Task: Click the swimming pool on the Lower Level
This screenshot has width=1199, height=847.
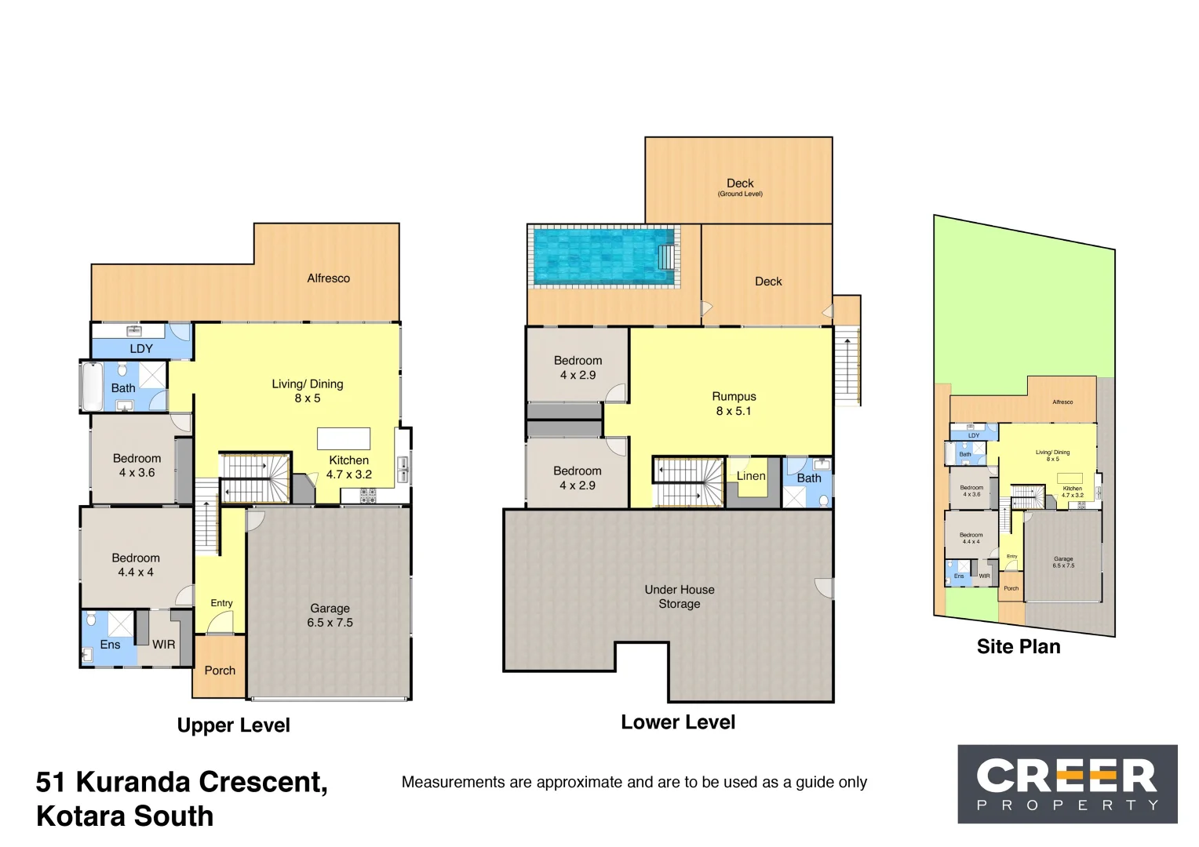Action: [x=603, y=256]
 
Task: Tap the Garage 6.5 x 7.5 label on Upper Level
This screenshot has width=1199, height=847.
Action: [x=330, y=616]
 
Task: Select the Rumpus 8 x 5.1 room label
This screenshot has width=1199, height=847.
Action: [x=734, y=404]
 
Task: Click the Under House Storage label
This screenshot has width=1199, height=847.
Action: [x=680, y=597]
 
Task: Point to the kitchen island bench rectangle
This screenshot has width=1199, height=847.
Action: [x=344, y=438]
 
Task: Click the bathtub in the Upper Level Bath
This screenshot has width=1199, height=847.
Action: [x=93, y=386]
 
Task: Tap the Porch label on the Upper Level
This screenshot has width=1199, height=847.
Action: [x=220, y=671]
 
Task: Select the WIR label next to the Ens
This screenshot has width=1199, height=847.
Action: [x=164, y=645]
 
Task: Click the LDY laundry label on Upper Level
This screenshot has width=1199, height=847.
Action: [x=141, y=349]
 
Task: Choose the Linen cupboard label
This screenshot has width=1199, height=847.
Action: [x=751, y=476]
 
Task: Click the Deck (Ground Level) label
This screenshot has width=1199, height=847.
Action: [x=740, y=187]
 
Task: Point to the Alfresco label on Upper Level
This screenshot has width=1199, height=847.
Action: [x=328, y=278]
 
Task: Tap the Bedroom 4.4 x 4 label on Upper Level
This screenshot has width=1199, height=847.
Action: [x=136, y=565]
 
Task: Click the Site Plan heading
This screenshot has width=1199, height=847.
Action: [x=1019, y=647]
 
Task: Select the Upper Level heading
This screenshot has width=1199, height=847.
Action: [x=233, y=725]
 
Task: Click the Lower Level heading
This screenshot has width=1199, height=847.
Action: [x=678, y=722]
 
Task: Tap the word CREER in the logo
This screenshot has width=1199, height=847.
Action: [x=1066, y=776]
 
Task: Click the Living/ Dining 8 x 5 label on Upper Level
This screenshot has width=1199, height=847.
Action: [x=308, y=391]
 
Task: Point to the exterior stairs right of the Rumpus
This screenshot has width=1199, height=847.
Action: [x=847, y=365]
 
